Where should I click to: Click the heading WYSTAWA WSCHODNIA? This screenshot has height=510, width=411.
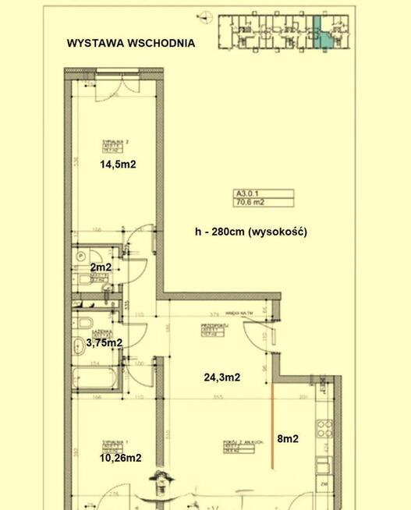(130, 44)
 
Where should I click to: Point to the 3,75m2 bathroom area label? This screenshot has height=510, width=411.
(104, 342)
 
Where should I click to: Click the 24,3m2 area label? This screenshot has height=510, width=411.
(221, 377)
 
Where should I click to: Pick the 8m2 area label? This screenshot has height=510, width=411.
(288, 439)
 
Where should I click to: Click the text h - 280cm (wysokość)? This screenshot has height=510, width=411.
(251, 232)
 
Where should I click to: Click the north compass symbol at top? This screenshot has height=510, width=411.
(204, 16)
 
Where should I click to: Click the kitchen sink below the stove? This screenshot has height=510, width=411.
(322, 464)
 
